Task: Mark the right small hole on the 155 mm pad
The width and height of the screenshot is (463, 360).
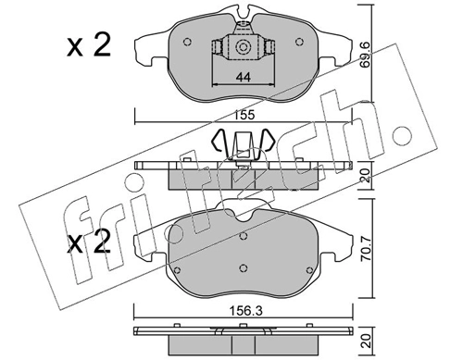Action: [300, 43]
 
